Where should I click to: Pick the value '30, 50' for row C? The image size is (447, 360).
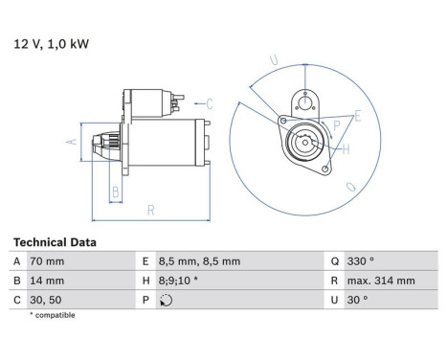coord(50,299)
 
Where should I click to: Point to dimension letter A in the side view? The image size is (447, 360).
coord(69,141)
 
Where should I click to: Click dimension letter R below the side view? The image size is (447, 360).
coord(151,209)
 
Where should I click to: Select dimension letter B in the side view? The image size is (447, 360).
coord(115,191)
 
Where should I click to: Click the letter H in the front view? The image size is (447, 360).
coord(346,148)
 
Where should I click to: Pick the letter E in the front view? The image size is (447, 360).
coord(358,116)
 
